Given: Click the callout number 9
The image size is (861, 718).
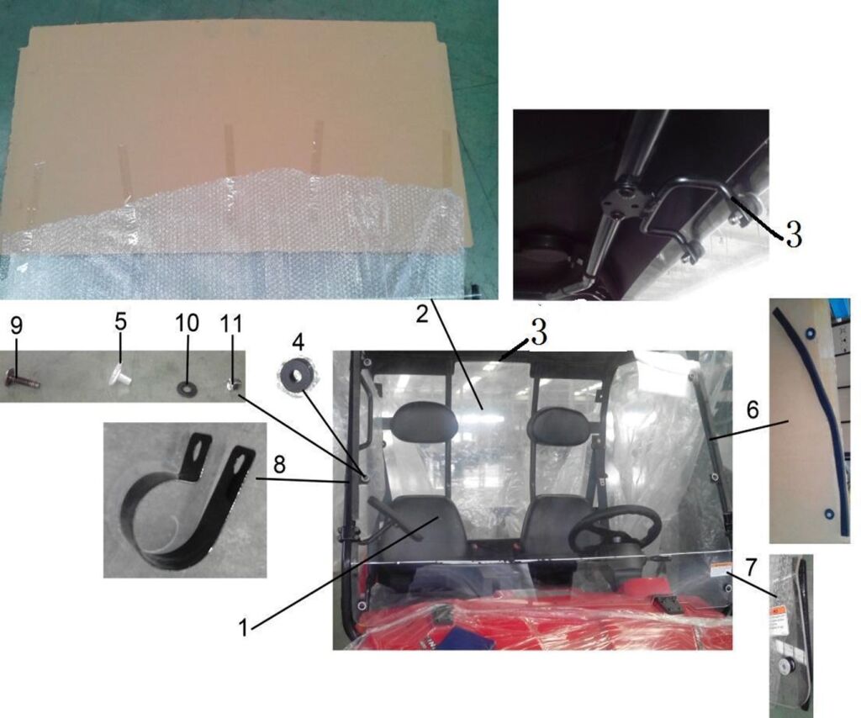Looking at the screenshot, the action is (17, 325).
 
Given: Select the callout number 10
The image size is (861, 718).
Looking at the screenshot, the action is (187, 324).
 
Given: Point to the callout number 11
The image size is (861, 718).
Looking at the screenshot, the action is (231, 324).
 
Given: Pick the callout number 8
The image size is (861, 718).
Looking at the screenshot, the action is (279, 466).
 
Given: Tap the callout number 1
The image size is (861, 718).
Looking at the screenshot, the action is (243, 627).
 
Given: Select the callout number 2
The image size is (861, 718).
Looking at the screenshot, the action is (422, 314).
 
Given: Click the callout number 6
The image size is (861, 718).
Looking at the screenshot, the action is (753, 409).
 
